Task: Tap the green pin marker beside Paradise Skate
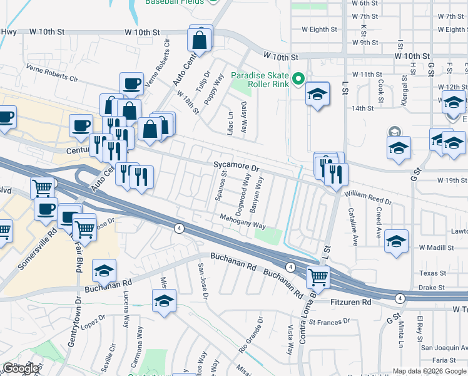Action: [299, 78]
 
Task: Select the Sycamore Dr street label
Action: [236, 168]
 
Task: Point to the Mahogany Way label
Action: [243, 221]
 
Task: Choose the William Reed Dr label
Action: [369, 199]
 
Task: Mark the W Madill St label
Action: [436, 248]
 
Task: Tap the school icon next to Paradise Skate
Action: [318, 95]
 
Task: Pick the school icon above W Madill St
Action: [396, 241]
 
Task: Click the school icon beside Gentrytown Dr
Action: [104, 271]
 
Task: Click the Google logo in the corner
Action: [21, 368]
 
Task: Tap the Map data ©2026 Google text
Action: [429, 371]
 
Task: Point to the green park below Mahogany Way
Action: [268, 236]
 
